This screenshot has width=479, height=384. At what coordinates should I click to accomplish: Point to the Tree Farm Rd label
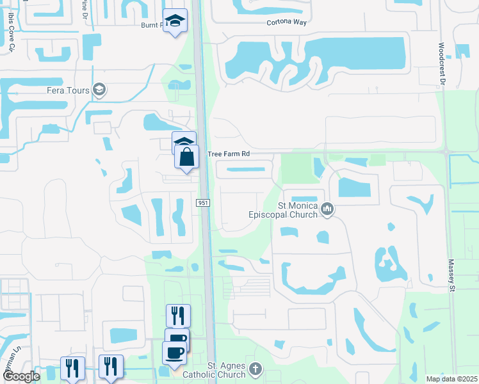[228, 154]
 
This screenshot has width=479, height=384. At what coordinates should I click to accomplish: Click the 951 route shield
[203, 203]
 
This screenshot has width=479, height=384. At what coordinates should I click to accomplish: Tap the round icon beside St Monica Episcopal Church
[328, 209]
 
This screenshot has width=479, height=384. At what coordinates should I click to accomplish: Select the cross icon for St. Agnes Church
[255, 369]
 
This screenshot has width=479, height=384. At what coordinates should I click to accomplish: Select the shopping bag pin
[186, 157]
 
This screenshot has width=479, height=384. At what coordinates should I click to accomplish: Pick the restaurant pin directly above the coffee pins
[178, 316]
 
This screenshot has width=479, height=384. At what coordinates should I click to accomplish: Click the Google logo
[21, 376]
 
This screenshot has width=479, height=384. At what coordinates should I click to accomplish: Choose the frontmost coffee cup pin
[174, 352]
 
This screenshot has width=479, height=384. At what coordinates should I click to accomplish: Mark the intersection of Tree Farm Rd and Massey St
[446, 152]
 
